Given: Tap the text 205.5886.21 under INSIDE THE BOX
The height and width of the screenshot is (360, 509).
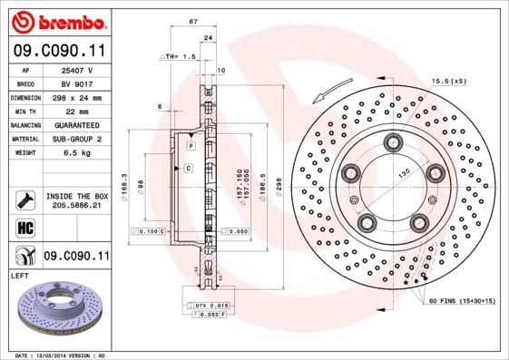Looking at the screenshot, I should click(x=77, y=206).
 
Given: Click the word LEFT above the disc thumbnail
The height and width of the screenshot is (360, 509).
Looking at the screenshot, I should click(x=20, y=274).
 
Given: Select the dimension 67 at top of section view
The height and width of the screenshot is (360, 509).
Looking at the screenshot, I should click(x=193, y=21).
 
